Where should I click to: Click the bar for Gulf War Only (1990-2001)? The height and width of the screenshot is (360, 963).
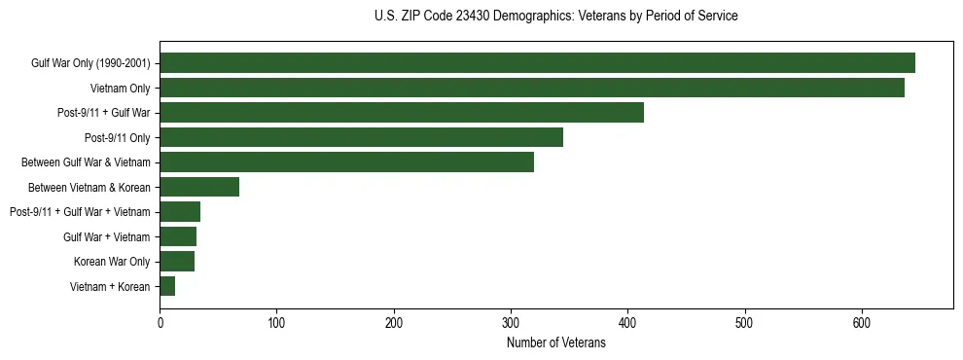coord(537,63)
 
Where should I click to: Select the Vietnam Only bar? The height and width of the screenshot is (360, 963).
coord(532,88)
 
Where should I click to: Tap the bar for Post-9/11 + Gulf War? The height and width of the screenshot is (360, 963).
coord(402,113)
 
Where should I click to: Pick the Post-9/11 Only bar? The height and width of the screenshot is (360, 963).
coord(361,137)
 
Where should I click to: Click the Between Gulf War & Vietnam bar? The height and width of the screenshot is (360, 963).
coord(346,162)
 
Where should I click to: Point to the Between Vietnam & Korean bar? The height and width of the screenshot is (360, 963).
coord(199,187)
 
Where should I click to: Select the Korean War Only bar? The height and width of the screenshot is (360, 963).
coord(177,261)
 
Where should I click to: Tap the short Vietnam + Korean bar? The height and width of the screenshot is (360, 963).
coord(167,286)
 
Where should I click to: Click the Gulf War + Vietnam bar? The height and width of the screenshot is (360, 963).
coord(178,236)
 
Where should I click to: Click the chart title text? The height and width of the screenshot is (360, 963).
coord(555,17)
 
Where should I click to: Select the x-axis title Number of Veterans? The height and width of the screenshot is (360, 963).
coord(555,343)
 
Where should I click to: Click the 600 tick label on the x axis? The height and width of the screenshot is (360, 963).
coord(862,321)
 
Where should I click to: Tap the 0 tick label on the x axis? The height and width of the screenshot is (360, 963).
coord(160,321)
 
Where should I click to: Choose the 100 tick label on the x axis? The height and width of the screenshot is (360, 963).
coord(276,321)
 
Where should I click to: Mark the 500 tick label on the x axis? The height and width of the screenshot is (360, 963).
coord(745,321)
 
